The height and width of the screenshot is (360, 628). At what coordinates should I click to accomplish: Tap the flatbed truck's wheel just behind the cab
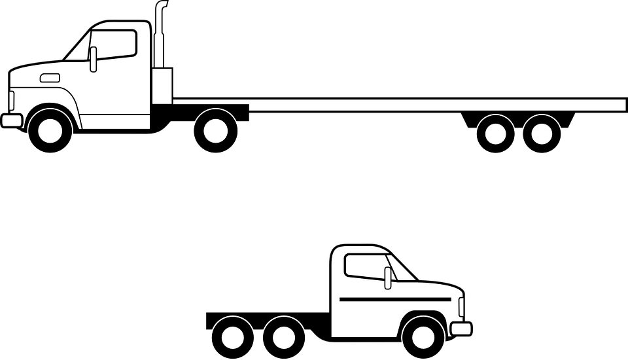(x=215, y=130)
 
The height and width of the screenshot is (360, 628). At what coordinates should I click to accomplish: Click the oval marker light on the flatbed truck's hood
(x=50, y=79)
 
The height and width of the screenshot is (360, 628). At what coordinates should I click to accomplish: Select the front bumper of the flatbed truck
(x=11, y=120)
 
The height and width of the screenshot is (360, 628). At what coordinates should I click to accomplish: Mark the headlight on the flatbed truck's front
(x=11, y=101)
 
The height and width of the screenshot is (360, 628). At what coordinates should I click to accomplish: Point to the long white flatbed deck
(x=432, y=105)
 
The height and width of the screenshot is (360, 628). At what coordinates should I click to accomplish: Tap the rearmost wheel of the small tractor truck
(x=232, y=336)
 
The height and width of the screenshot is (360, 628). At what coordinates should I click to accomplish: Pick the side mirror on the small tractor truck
(x=388, y=278)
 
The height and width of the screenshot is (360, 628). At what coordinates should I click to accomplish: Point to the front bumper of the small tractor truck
(x=461, y=327)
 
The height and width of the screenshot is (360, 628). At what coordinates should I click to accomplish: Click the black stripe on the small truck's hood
(x=395, y=298)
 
